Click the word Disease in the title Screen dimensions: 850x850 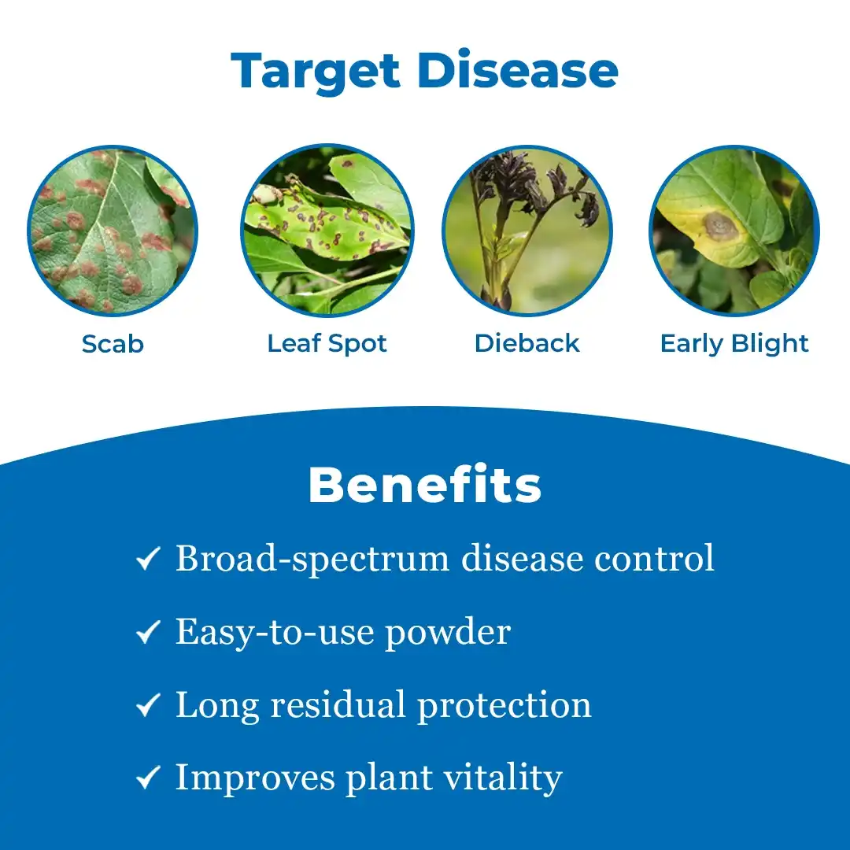[x=517, y=71]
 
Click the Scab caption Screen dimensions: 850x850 [x=113, y=344]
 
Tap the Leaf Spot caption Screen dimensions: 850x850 [x=327, y=344]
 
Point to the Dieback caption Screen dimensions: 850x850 [x=527, y=344]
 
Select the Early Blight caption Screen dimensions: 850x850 [x=734, y=344]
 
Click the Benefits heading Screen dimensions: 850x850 [x=425, y=486]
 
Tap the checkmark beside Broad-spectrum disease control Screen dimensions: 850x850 [x=148, y=560]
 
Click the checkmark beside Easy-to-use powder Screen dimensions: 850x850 [x=148, y=633]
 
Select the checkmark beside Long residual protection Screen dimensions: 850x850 [x=148, y=706]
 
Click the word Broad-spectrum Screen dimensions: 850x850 [x=313, y=560]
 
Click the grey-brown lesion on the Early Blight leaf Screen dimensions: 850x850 [x=719, y=227]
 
